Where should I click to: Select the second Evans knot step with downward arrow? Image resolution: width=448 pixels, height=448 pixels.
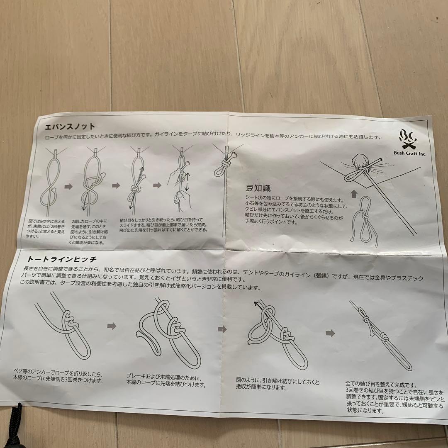(93, 178)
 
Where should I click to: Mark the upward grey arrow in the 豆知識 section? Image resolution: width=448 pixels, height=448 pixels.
(354, 193)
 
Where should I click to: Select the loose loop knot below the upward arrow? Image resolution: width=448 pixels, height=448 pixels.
(363, 220)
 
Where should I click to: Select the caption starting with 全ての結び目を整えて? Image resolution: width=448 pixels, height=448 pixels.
(394, 397)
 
